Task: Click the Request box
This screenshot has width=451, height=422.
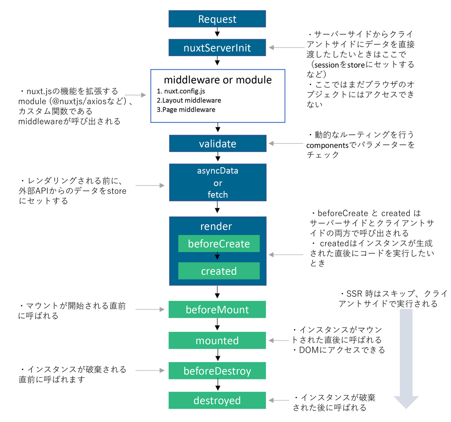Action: tap(217, 19)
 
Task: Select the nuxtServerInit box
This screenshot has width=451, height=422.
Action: tap(217, 48)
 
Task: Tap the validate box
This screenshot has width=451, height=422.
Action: tap(218, 144)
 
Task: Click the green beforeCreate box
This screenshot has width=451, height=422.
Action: tap(219, 244)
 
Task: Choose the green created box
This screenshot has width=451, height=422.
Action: tap(219, 271)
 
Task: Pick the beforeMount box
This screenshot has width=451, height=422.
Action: tap(217, 309)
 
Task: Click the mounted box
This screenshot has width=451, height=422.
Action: tap(217, 340)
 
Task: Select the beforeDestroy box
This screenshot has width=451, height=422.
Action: tap(217, 371)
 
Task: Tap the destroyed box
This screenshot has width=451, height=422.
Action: tap(217, 400)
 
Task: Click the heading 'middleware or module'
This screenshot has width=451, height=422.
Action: tap(218, 80)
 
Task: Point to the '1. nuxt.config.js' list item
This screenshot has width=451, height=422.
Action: tap(181, 91)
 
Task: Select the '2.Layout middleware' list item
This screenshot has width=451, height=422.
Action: tap(189, 100)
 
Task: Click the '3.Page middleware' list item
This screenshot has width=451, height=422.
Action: tap(186, 110)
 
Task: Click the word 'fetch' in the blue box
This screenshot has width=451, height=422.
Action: tap(218, 195)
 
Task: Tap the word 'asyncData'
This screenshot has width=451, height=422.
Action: tap(218, 171)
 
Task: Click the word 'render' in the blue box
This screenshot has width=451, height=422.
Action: tap(216, 226)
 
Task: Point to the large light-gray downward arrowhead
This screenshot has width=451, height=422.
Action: tap(406, 402)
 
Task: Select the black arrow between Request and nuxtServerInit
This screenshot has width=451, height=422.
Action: tap(217, 33)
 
